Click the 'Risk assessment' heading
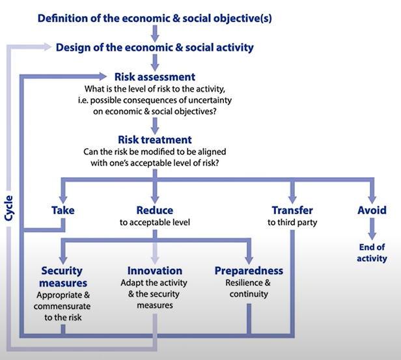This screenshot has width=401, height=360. coord(155,77)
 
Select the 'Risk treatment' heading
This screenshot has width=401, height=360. coord(155,139)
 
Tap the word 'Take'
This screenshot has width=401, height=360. coord(63,210)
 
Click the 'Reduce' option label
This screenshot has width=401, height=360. coord(155,210)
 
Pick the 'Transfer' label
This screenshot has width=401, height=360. coord(292,210)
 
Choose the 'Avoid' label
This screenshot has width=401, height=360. coord(372,210)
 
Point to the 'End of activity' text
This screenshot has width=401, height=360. coord(372,253)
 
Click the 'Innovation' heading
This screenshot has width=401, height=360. coord(155,271)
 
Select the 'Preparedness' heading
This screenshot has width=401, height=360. coord(249,271)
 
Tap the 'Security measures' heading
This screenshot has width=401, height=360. coord(63,277)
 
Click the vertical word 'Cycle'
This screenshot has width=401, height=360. coord(8,208)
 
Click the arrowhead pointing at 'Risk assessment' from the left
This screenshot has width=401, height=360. coord(103,76)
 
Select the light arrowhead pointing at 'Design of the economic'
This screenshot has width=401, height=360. coord(48,47)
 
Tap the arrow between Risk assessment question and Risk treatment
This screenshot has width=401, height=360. coord(155,126)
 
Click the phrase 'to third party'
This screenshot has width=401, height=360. coord(292,223)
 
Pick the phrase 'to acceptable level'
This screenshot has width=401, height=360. coord(155,223)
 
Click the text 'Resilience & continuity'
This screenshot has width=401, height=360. coord(248,288)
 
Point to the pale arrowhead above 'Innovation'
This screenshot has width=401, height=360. coord(155,260)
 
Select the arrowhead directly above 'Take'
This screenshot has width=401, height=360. coord(63,199)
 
